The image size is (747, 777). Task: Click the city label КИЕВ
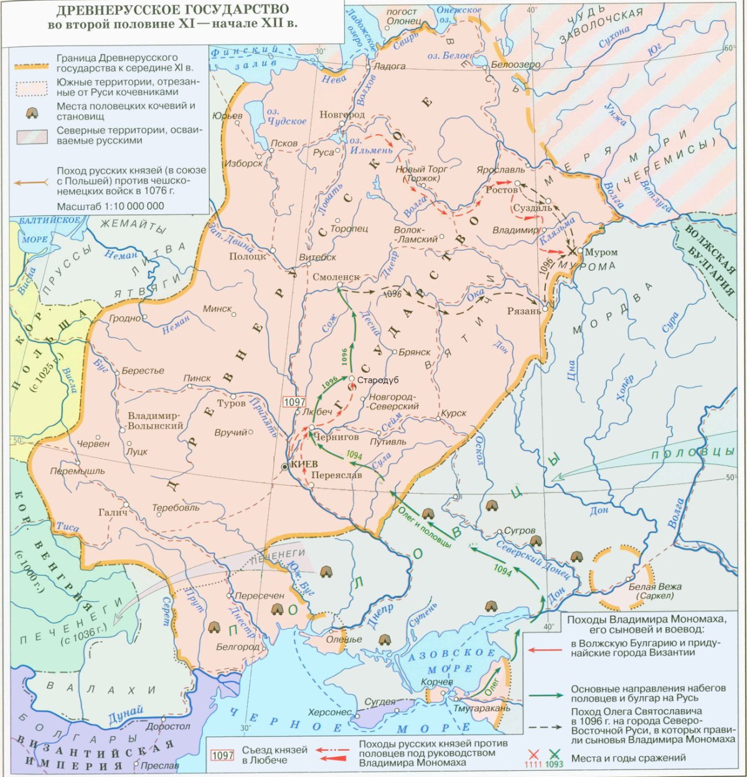(304, 464)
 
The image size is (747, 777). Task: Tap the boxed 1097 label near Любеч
(294, 402)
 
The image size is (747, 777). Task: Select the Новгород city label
(342, 115)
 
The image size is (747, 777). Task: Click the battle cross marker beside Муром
(571, 252)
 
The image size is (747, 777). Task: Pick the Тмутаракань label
(482, 708)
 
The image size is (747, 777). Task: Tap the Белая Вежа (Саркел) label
(654, 591)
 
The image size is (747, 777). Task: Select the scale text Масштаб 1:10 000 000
(110, 206)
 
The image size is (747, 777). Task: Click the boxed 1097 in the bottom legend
(223, 755)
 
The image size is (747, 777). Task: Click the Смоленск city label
(337, 277)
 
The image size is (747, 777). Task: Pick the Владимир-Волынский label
(155, 421)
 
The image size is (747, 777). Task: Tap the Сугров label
(519, 530)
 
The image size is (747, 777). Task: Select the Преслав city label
(160, 765)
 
